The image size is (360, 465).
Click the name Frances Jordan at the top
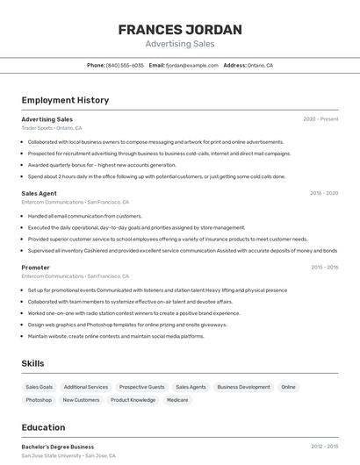179,30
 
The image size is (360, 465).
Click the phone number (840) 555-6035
125,66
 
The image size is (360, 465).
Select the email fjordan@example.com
192,66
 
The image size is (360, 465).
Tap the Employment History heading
65,101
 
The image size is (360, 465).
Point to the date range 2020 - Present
320,119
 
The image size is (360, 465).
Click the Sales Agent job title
40,193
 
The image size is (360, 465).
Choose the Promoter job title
36,268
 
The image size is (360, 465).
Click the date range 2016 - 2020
324,193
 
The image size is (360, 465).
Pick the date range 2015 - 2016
324,268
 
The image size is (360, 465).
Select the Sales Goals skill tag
40,387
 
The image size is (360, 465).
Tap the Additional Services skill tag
86,387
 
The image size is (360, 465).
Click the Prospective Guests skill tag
142,387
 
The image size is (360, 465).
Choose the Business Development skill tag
244,387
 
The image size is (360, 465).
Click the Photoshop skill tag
39,400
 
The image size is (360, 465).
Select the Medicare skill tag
177,400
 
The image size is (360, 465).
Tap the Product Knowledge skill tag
133,400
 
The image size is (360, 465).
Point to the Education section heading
44,428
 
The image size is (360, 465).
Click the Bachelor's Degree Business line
58,447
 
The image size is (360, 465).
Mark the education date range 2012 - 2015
324,447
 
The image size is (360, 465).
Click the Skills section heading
33,363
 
